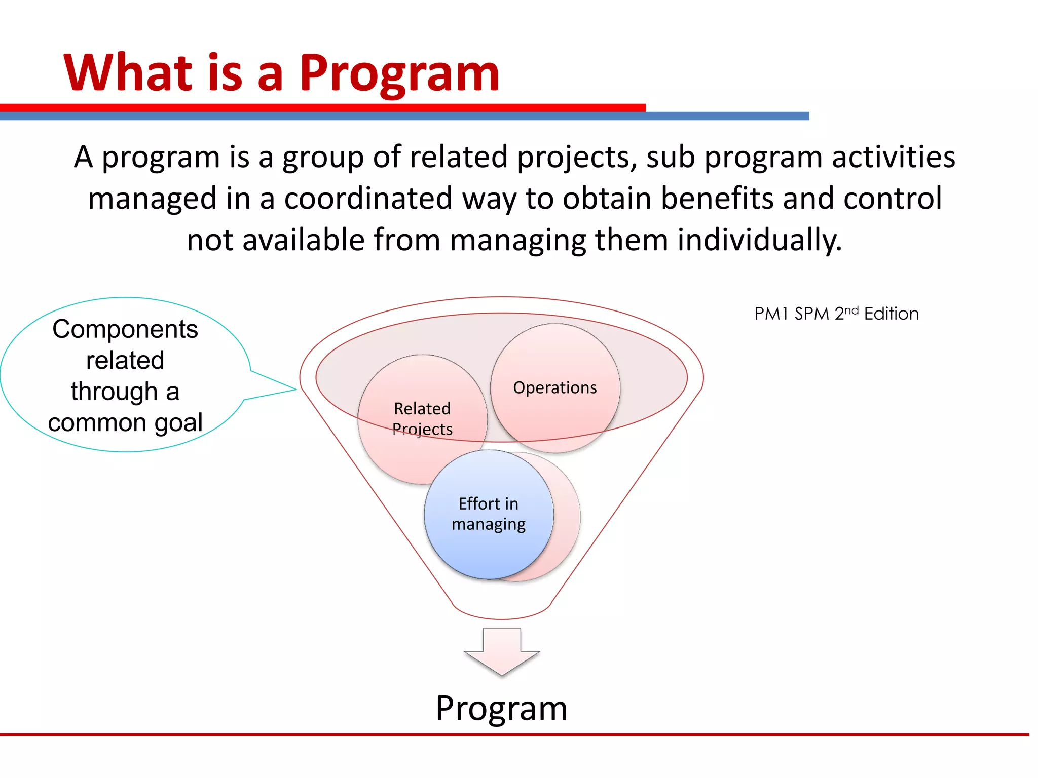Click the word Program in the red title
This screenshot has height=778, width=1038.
click(x=399, y=74)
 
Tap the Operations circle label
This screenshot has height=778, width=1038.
click(x=554, y=387)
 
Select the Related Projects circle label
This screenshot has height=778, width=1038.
click(x=422, y=418)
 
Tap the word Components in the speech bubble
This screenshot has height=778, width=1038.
click(x=125, y=329)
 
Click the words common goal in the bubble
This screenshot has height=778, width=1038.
click(x=125, y=422)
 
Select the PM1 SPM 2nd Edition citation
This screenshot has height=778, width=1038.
click(x=836, y=314)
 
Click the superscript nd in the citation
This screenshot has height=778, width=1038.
click(x=851, y=309)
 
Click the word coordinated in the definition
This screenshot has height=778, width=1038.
click(x=368, y=198)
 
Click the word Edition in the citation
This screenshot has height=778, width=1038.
click(x=891, y=314)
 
